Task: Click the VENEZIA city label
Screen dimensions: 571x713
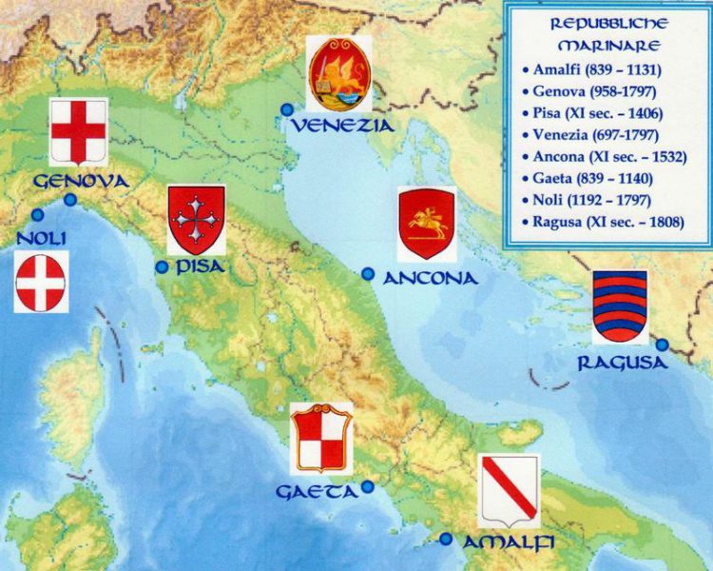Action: [x=342, y=126]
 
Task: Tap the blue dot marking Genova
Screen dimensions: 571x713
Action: [x=70, y=200]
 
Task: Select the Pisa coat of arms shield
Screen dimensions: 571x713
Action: [x=196, y=220]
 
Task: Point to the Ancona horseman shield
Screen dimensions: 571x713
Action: [x=427, y=225]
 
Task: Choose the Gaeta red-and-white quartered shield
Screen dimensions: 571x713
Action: [x=321, y=438]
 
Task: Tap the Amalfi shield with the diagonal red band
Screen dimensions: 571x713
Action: [x=509, y=491]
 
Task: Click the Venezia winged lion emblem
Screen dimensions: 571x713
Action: [x=339, y=73]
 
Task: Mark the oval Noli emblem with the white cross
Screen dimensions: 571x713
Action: [x=41, y=283]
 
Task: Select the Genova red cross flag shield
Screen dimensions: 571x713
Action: [x=78, y=131]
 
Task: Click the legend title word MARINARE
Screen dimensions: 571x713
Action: [x=608, y=44]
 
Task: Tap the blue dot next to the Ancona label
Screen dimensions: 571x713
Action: [x=368, y=274]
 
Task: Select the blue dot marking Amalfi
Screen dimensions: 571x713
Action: [x=446, y=539]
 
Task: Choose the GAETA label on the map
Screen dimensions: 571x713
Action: [x=317, y=492]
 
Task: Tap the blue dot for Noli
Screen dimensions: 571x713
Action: [x=37, y=215]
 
